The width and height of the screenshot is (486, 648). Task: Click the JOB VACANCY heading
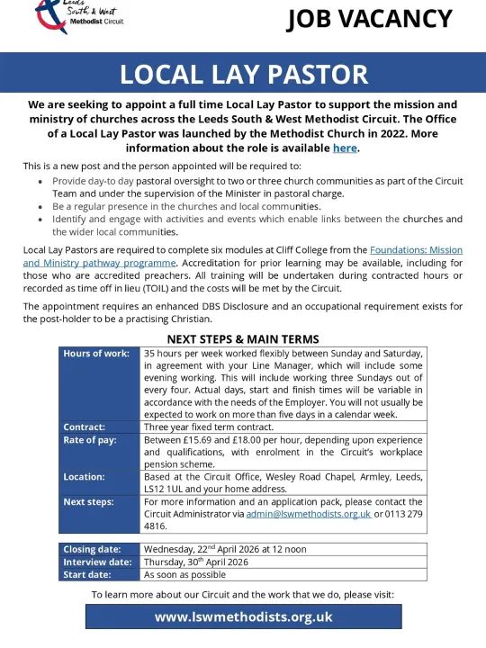(x=369, y=19)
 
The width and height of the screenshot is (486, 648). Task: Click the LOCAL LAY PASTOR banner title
(x=244, y=75)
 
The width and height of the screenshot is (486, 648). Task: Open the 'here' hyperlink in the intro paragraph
(x=345, y=148)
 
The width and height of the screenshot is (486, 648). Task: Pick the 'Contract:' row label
(x=84, y=427)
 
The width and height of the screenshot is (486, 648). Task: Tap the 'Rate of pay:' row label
(x=88, y=439)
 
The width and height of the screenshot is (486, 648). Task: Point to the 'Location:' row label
(x=84, y=476)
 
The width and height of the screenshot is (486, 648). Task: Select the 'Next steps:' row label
(x=88, y=501)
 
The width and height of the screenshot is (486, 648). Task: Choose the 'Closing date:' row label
(x=91, y=549)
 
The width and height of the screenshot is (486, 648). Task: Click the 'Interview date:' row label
(x=97, y=562)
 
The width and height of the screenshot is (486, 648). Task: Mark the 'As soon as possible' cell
(x=185, y=574)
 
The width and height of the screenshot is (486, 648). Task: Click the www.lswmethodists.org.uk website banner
(x=243, y=616)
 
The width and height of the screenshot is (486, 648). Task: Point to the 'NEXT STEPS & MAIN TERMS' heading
(x=243, y=339)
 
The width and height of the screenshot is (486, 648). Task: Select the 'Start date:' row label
(x=87, y=574)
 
